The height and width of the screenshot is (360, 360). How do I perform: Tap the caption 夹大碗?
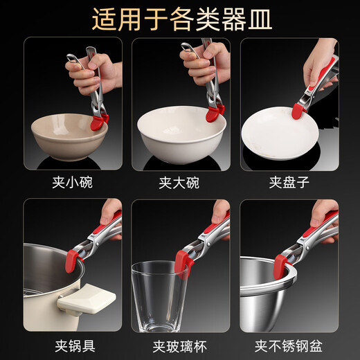[x=180, y=183]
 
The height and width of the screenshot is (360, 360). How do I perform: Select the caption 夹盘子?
[x=288, y=183]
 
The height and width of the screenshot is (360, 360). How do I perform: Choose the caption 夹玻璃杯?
[x=180, y=345]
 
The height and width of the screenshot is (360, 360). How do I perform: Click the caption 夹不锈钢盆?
[x=288, y=345]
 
